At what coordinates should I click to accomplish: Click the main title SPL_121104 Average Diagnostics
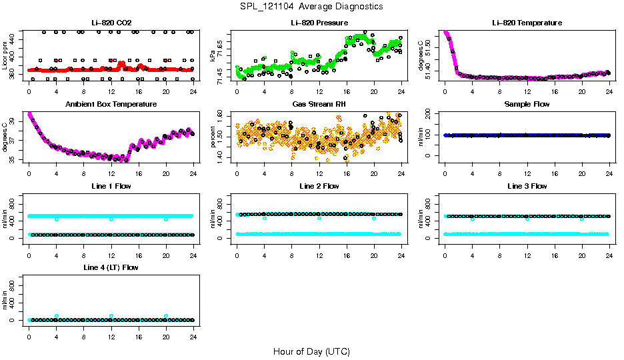point(311,6)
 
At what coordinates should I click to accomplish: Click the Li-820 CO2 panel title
point(111,23)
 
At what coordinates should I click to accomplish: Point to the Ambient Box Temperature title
point(111,104)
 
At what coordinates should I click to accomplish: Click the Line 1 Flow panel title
point(111,186)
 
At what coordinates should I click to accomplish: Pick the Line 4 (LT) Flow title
point(111,267)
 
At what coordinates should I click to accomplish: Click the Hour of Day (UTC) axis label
point(311,351)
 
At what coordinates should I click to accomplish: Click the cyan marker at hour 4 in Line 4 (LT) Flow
point(57,316)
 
